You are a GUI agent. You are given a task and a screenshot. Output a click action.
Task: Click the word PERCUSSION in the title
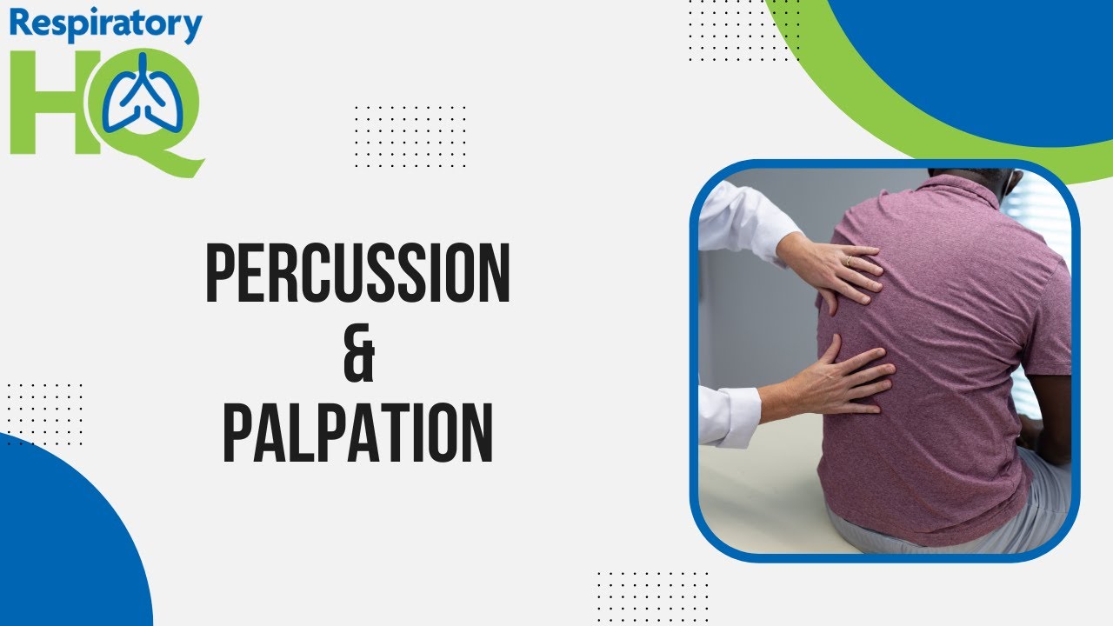click(357, 274)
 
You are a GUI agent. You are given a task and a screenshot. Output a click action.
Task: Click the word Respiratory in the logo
click(106, 26)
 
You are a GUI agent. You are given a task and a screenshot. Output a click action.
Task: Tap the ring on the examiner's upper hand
click(850, 259)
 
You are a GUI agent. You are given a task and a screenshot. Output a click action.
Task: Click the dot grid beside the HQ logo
click(410, 137)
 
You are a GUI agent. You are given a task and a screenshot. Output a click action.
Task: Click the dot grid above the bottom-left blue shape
click(43, 414)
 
